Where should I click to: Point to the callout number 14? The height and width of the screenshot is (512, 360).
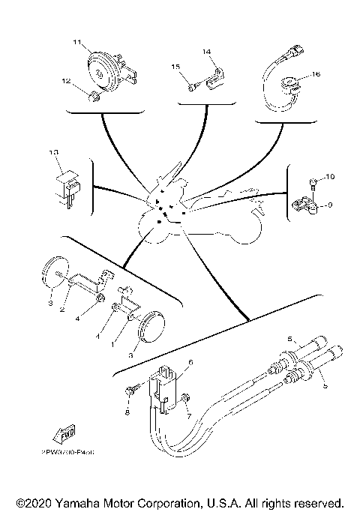208,52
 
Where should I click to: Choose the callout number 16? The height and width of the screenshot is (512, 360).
316,74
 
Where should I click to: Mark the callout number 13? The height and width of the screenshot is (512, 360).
52,152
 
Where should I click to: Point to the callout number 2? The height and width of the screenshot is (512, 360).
64,308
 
